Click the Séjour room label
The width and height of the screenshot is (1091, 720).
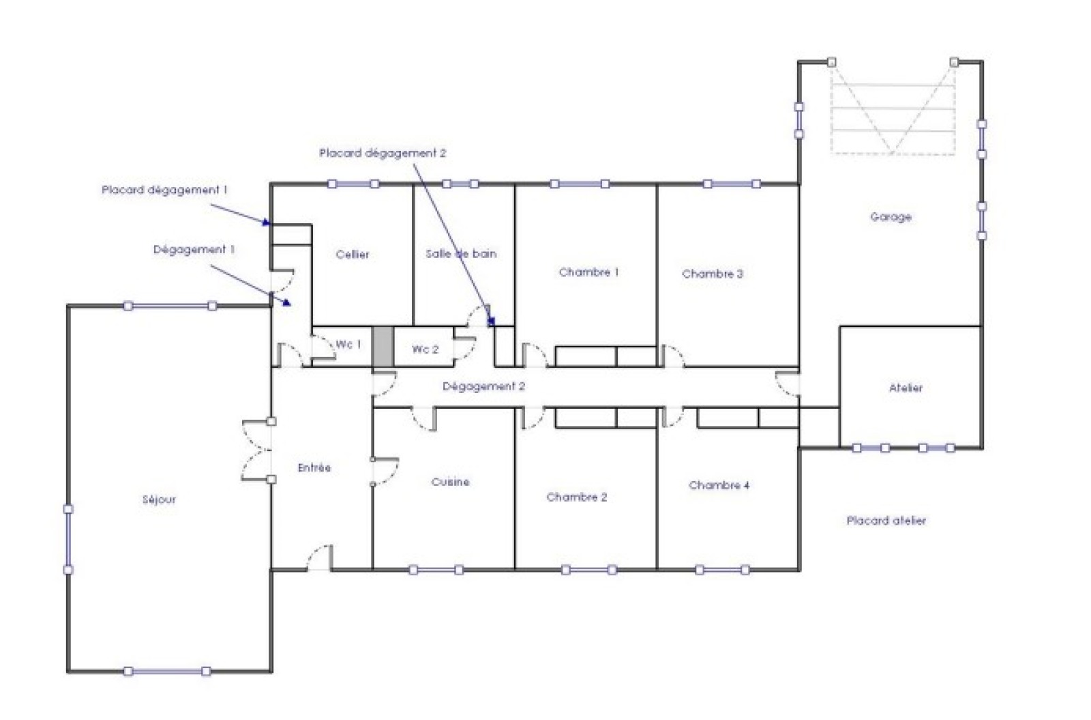[159, 500]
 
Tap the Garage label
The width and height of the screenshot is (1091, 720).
[891, 217]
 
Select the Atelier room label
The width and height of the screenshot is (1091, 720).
[906, 388]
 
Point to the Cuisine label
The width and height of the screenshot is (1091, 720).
[451, 482]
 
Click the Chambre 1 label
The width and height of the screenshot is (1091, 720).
[589, 272]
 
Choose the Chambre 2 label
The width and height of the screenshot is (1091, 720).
[577, 498]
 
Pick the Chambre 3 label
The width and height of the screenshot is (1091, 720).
[713, 274]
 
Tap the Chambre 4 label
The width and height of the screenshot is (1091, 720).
[719, 485]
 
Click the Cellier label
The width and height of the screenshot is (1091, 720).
[353, 255]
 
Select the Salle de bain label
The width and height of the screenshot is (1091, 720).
[461, 254]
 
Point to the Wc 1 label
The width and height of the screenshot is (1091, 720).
[348, 344]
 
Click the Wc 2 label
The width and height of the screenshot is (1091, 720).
[425, 349]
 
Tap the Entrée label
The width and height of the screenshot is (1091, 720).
[314, 468]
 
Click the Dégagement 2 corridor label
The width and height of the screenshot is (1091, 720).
[483, 386]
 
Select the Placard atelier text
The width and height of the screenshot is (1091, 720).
[886, 521]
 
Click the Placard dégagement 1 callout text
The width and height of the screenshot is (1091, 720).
[164, 190]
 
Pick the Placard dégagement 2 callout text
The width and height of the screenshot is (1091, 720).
[383, 153]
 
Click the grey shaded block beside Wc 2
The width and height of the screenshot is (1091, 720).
[383, 347]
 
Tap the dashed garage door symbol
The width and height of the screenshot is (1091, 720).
[893, 109]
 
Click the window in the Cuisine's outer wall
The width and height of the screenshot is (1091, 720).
[436, 569]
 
